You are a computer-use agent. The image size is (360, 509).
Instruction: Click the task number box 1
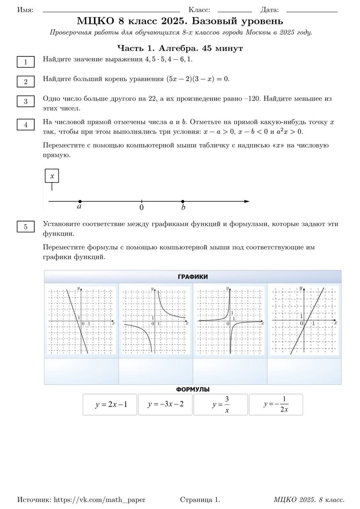(26, 62)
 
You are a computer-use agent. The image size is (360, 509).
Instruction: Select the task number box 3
(26, 101)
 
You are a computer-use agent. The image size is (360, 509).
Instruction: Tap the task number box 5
(26, 227)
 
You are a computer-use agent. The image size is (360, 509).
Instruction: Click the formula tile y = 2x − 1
(110, 405)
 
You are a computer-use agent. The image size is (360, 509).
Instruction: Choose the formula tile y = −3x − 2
(165, 404)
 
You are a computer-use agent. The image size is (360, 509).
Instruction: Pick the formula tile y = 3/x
(220, 405)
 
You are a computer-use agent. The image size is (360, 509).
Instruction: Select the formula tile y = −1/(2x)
(276, 405)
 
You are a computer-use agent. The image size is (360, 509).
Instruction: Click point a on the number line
(80, 202)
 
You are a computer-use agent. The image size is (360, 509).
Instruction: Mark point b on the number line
(183, 202)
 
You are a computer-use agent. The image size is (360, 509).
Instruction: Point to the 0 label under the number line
(142, 208)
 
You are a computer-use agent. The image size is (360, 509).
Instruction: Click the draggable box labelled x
(52, 176)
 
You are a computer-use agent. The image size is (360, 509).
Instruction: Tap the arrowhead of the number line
(247, 202)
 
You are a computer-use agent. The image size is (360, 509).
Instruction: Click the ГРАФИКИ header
(193, 277)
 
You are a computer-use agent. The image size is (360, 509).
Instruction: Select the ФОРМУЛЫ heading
(193, 390)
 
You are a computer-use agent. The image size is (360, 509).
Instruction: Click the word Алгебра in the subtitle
(177, 49)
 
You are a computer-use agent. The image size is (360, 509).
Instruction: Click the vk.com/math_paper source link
(99, 500)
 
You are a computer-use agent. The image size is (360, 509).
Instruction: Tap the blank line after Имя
(111, 12)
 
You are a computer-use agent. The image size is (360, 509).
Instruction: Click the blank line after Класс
(235, 12)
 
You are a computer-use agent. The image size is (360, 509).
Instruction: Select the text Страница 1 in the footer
(200, 500)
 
